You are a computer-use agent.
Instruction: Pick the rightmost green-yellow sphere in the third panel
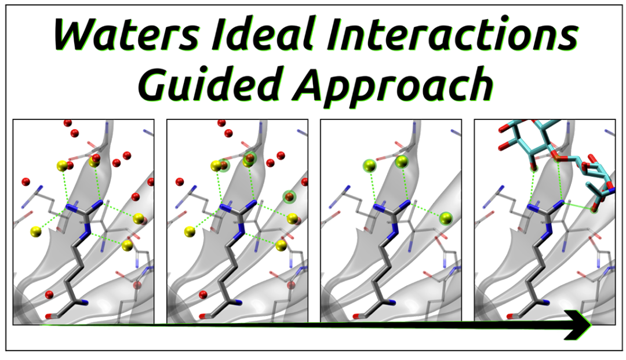445,218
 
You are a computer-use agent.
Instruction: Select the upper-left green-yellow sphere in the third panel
367,166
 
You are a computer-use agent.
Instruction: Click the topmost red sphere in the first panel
67,123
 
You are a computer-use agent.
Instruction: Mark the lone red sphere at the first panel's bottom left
49,294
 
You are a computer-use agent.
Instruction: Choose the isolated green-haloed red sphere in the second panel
289,197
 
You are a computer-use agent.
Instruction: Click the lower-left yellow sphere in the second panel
190,232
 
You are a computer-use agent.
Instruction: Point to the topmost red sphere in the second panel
221,123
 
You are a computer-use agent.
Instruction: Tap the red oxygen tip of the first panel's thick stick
48,316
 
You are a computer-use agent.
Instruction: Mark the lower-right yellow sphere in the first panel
127,246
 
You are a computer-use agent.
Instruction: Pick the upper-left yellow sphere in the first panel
62,166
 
